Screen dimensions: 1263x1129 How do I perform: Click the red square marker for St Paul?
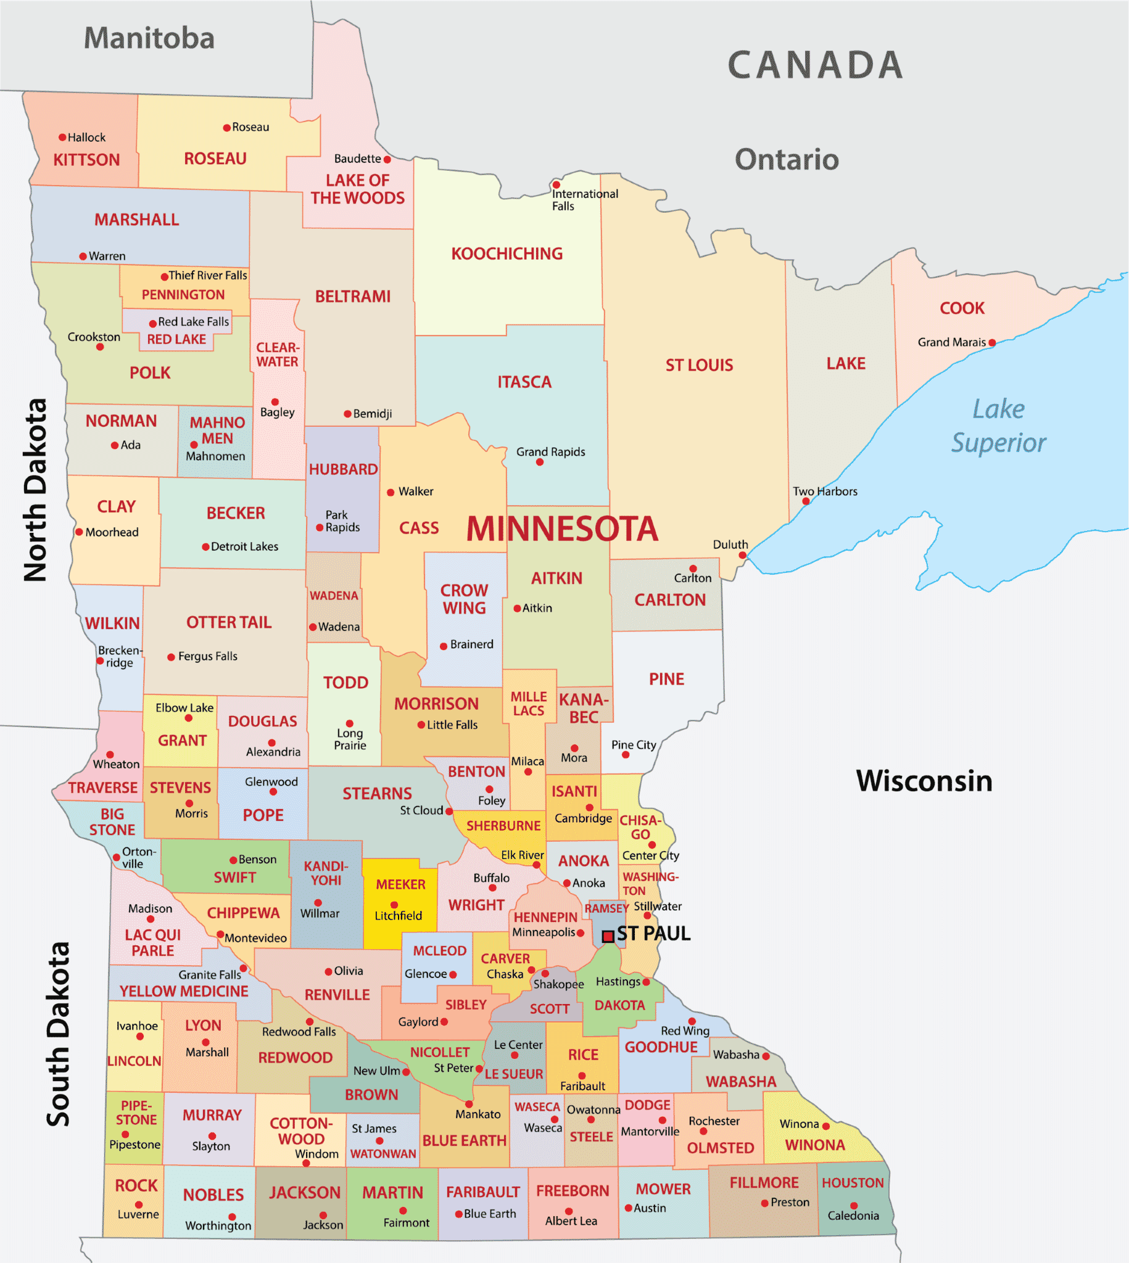point(608,936)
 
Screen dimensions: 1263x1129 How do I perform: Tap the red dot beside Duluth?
point(742,555)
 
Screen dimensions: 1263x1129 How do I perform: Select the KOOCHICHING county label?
point(507,253)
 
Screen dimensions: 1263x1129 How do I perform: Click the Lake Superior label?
point(998,426)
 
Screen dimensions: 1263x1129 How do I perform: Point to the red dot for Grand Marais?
point(992,343)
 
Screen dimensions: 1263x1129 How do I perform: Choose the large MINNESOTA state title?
point(561,529)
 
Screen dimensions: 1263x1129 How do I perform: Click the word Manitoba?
point(149,38)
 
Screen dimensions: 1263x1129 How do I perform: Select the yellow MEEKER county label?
point(400,884)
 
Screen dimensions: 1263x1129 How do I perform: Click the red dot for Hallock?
point(63,137)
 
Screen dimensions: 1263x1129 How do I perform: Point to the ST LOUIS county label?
point(699,365)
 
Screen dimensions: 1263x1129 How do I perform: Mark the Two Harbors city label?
point(824,491)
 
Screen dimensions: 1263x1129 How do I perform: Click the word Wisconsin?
point(924,781)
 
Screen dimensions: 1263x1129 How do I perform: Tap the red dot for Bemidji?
point(347,414)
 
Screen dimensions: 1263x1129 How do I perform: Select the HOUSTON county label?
point(853,1182)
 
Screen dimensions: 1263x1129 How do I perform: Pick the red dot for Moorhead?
point(79,532)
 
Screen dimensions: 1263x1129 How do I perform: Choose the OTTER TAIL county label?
point(229,622)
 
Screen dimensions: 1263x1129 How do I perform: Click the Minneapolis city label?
point(544,932)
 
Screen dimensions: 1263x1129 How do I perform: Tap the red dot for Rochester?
point(703,1132)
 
